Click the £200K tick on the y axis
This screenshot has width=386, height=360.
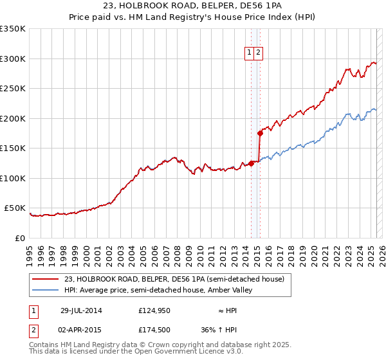pyautogui.click(x=13, y=118)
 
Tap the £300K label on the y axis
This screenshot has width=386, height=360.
pyautogui.click(x=13, y=59)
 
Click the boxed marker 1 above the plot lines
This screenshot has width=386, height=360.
pyautogui.click(x=248, y=53)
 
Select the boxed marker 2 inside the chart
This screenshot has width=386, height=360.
pyautogui.click(x=258, y=53)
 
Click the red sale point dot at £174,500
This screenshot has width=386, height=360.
pyautogui.click(x=260, y=134)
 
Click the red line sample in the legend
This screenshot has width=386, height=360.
pyautogui.click(x=46, y=279)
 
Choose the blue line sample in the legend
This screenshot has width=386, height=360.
pyautogui.click(x=46, y=290)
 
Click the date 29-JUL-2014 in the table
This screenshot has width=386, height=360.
pyautogui.click(x=80, y=310)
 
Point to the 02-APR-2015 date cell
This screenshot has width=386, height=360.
pyautogui.click(x=80, y=330)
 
